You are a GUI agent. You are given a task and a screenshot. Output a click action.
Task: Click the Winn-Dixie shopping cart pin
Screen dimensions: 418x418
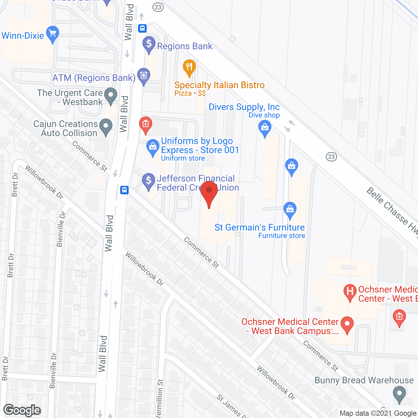point(52,34)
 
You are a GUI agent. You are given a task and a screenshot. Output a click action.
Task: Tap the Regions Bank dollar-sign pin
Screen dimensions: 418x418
point(149,44)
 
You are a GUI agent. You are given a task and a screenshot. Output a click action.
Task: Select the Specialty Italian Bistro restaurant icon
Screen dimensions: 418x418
point(189,68)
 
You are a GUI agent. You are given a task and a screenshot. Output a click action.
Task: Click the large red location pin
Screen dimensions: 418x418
point(209,193)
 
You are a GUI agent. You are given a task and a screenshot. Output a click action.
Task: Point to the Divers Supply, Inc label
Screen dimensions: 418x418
point(244,107)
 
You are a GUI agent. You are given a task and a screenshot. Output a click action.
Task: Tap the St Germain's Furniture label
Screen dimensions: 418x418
point(259,228)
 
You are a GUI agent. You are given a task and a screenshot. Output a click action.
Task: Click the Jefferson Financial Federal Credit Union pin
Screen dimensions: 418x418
point(149,181)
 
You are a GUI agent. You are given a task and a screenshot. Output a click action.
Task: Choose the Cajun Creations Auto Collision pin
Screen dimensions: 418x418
point(105,126)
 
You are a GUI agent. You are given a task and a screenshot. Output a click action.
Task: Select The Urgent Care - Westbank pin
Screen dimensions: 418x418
point(111,96)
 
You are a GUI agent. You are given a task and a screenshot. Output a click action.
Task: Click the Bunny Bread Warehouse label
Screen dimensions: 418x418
point(364,380)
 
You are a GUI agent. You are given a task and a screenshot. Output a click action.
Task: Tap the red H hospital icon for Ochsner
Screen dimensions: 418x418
point(350,291)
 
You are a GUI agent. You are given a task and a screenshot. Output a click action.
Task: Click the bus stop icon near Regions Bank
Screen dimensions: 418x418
point(142,28)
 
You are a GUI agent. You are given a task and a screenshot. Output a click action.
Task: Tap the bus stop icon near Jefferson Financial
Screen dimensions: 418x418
point(124,190)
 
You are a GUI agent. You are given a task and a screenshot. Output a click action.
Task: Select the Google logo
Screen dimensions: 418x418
point(22,410)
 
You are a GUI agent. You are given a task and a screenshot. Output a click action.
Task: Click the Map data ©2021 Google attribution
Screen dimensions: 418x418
point(378,413)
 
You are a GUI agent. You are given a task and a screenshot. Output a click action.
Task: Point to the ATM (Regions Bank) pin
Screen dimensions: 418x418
point(143,75)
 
